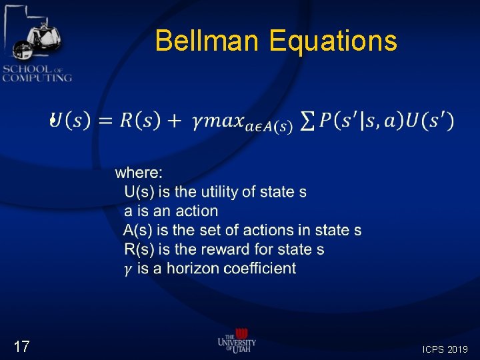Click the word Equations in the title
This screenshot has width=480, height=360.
pos(333,41)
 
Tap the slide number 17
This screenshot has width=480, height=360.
pos(21,346)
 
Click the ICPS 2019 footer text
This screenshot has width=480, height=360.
pos(445,349)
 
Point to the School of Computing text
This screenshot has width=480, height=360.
pos(37,73)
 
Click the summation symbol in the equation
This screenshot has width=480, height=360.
pos(308,121)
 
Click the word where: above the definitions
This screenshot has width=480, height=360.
pos(139,173)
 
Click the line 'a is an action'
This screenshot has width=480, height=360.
pos(171,211)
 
